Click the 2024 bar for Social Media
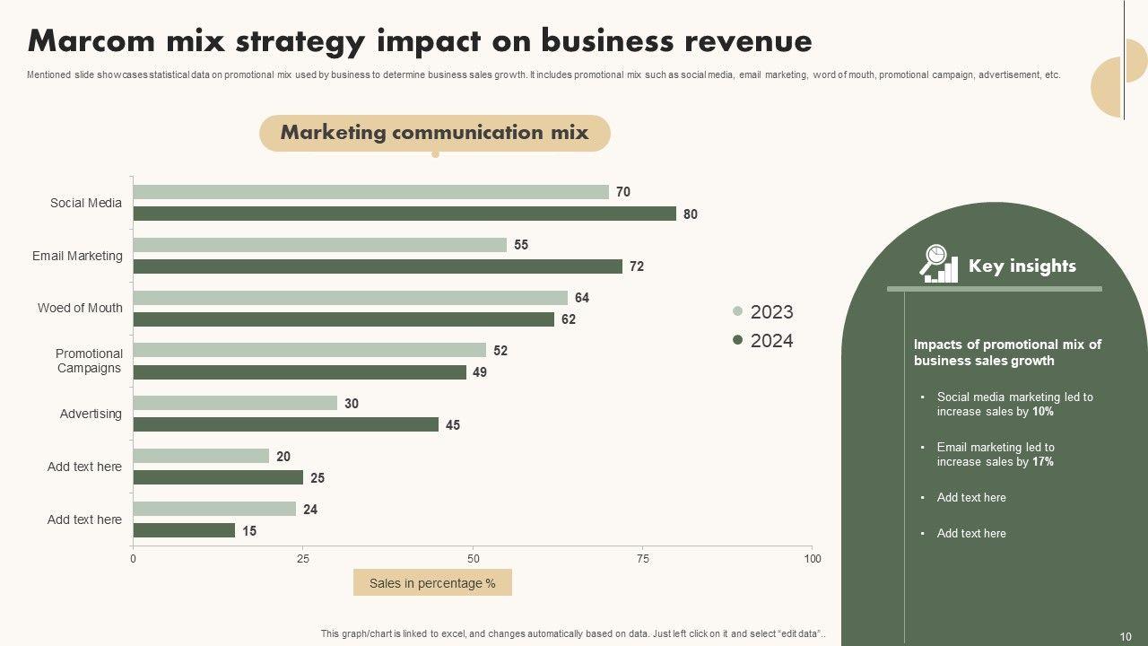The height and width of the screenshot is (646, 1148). (404, 214)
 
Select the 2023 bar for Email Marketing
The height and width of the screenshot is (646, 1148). (319, 245)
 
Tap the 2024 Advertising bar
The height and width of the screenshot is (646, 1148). (285, 424)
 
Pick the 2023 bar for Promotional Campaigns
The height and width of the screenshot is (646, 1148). (309, 350)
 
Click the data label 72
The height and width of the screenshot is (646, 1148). (637, 266)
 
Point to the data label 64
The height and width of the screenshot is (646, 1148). (582, 298)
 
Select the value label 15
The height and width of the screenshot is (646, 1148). (249, 531)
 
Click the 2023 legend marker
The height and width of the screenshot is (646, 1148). (738, 311)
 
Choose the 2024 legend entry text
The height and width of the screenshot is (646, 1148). (771, 341)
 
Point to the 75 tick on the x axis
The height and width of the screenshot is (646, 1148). (642, 559)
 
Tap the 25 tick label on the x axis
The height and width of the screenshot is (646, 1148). (303, 559)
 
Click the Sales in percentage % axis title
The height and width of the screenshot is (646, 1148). (432, 583)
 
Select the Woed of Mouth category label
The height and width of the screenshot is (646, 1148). (80, 308)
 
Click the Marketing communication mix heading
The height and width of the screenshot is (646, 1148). (434, 133)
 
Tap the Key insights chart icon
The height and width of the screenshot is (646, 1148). (939, 264)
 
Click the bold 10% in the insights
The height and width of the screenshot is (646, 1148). (1043, 412)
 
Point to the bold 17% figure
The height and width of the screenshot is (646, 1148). (1043, 462)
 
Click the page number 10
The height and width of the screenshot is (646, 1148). (1126, 633)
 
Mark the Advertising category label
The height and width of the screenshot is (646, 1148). (91, 414)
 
